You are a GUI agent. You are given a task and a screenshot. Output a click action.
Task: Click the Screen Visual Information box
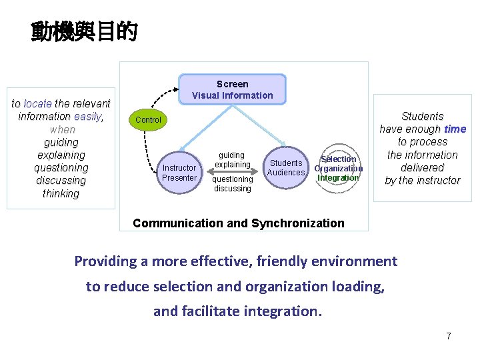point(232,89)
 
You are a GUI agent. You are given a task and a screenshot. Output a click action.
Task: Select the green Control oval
point(148,120)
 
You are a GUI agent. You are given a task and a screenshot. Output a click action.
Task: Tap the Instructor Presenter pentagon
point(179,172)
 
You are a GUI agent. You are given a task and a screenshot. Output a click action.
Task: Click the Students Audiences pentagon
point(286,167)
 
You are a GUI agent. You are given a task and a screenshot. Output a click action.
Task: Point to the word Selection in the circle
point(339,159)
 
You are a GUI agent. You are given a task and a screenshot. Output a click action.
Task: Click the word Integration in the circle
point(338,178)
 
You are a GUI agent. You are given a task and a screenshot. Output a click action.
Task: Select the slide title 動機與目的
point(84,31)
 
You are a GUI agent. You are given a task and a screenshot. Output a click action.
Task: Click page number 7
point(449,336)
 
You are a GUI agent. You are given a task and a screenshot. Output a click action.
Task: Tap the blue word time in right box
point(455,129)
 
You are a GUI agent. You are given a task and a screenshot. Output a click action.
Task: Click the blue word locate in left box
point(37,103)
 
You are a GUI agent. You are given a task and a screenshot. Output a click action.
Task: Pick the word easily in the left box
point(87,117)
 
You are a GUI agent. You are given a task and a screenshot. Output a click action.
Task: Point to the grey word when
point(62,129)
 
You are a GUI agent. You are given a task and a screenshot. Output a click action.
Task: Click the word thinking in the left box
point(61,194)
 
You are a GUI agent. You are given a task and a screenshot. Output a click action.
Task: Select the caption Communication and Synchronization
point(239,223)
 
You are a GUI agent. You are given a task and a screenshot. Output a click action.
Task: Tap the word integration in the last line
point(286,311)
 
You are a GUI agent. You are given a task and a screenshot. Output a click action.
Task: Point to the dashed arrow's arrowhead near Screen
point(175,87)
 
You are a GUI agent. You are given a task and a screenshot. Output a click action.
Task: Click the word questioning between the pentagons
point(232,179)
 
